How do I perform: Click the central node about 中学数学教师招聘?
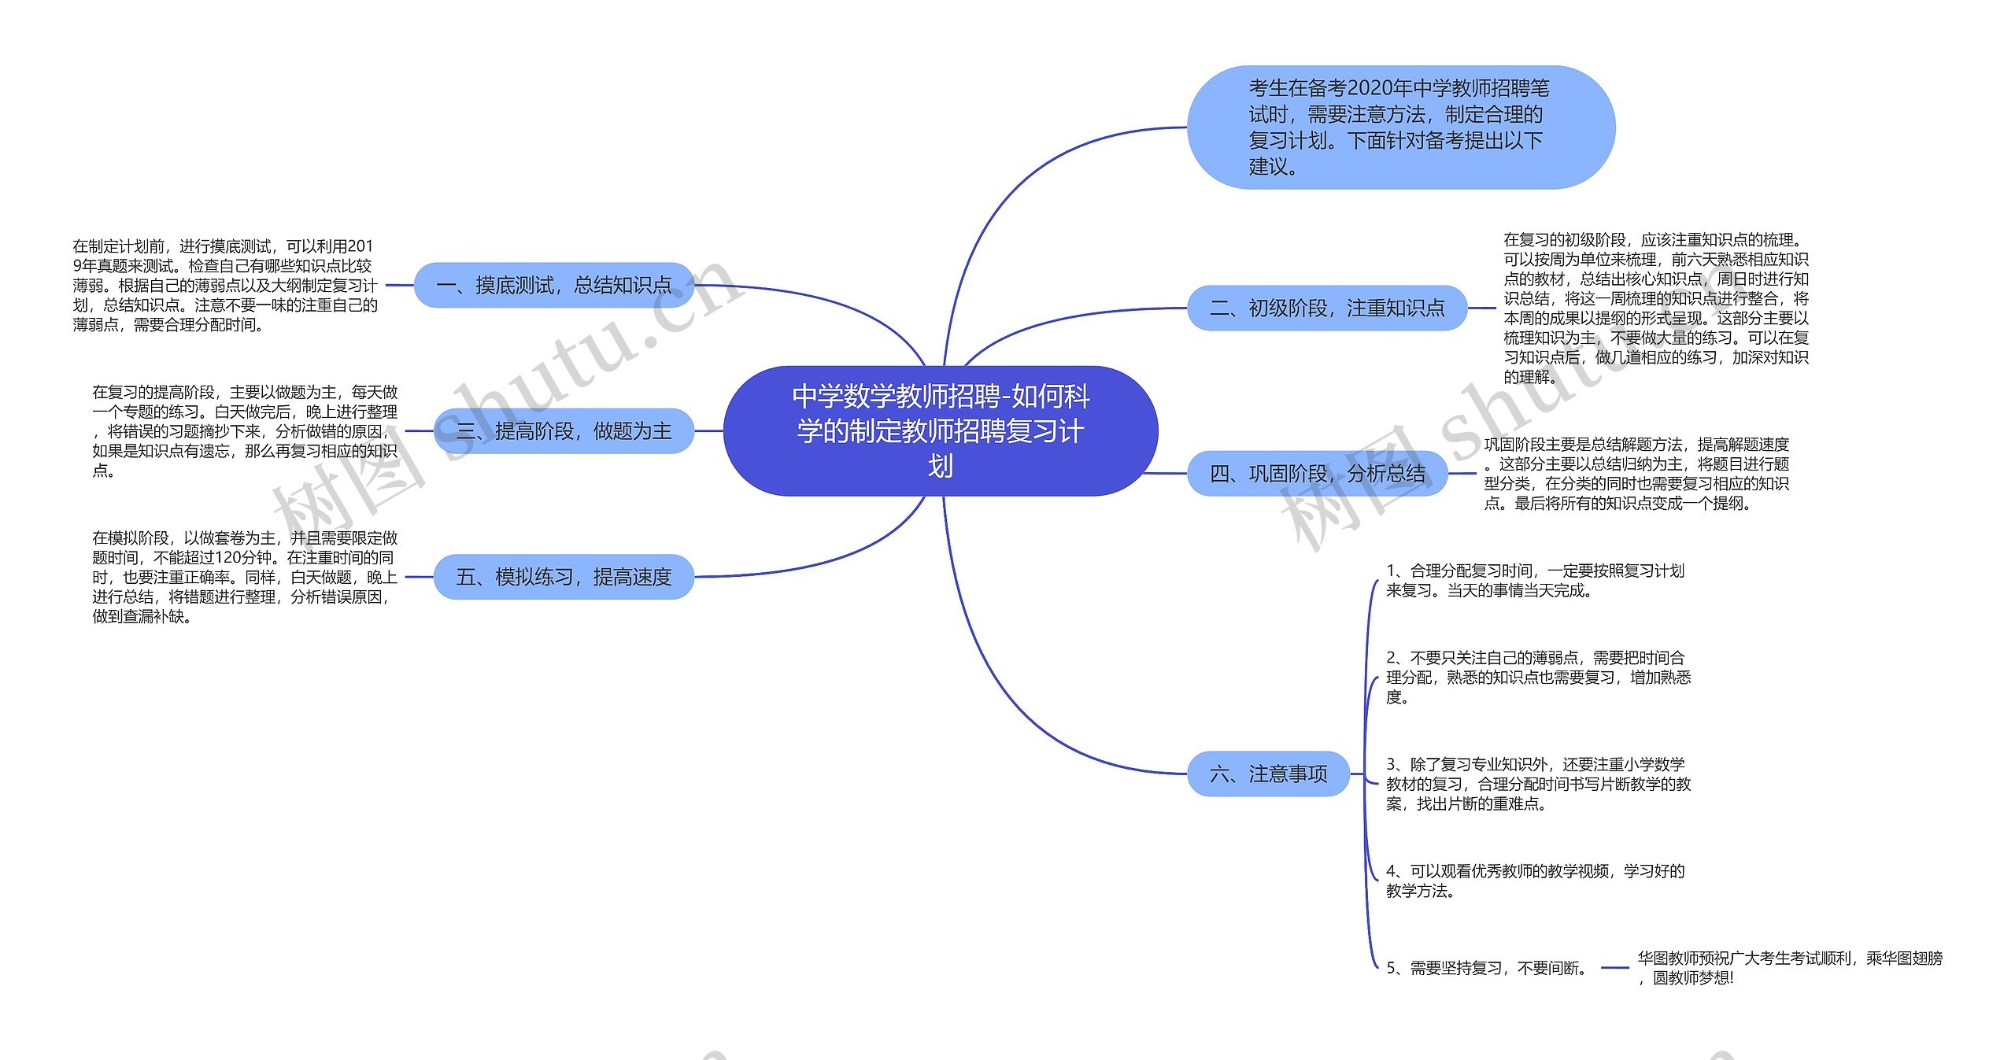(x=941, y=430)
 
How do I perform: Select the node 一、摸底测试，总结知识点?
(x=553, y=285)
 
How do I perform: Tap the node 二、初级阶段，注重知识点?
(x=1326, y=308)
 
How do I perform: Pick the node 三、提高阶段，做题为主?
(x=564, y=430)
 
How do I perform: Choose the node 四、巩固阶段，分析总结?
(x=1317, y=473)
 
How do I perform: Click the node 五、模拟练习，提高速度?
(x=564, y=577)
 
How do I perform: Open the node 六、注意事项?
(x=1268, y=774)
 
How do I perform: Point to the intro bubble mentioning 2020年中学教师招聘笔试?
(x=1400, y=127)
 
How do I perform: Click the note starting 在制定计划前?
(x=225, y=285)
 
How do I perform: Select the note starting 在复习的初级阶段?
(x=1656, y=308)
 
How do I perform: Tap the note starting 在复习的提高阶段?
(x=245, y=430)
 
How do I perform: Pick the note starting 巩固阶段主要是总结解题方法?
(x=1636, y=474)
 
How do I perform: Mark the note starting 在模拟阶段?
(x=245, y=577)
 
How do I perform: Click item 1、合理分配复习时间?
(x=1535, y=581)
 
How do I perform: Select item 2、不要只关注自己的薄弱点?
(x=1538, y=677)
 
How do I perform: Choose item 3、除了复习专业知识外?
(x=1538, y=784)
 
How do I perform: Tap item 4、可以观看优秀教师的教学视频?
(x=1535, y=881)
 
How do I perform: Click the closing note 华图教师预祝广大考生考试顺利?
(x=1790, y=968)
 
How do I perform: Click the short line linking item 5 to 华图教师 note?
(x=1615, y=968)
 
